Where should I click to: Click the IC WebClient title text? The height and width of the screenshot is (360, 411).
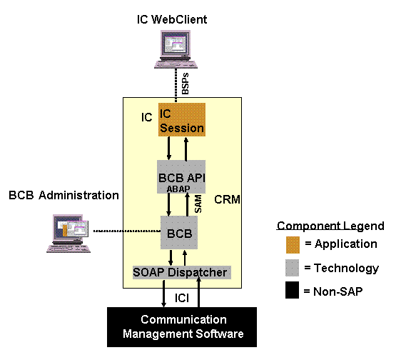(x=172, y=19)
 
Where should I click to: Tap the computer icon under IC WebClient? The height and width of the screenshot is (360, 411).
(x=176, y=49)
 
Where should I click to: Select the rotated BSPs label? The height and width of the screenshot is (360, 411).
(x=185, y=84)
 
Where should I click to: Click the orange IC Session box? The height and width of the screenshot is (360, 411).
(x=182, y=120)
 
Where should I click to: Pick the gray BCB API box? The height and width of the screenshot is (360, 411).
(x=181, y=176)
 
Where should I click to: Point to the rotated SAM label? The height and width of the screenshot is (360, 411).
(x=198, y=204)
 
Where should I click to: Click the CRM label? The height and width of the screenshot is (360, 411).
(x=227, y=199)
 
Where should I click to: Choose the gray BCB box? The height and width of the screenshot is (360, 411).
(x=179, y=232)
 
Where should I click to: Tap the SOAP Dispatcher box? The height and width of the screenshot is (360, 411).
(x=182, y=272)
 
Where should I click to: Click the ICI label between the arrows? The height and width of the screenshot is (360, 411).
(x=182, y=298)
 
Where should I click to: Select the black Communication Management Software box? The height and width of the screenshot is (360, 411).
(x=182, y=327)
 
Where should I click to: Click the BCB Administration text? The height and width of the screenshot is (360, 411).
(x=64, y=195)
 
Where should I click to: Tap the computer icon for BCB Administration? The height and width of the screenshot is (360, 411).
(x=68, y=234)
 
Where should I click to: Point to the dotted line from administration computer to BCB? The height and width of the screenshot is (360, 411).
(x=127, y=231)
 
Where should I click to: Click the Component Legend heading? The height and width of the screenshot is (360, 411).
(x=330, y=226)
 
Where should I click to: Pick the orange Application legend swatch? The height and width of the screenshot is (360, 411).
(x=293, y=245)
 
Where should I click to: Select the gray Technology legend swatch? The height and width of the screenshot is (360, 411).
(x=292, y=268)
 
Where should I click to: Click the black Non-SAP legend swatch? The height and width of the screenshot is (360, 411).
(x=292, y=290)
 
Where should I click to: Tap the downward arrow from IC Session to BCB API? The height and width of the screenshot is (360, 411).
(x=169, y=149)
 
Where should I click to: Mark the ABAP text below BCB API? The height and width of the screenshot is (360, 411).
(x=178, y=189)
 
